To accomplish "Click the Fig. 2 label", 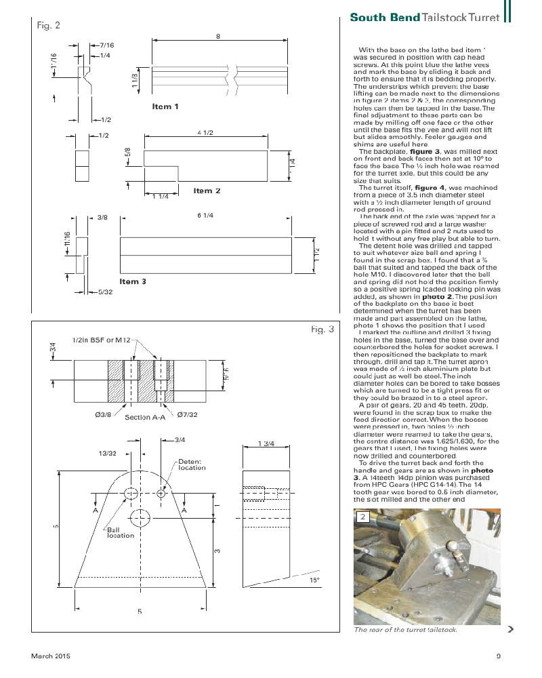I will point(47,26).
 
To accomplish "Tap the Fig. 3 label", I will point(322,330).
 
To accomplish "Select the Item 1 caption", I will point(165,106).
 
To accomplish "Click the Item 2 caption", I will point(207,191).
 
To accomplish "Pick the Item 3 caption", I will point(133,281).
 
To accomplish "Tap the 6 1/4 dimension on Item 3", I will point(205,216).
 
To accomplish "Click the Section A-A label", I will point(145,418).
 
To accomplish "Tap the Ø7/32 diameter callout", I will point(188,414).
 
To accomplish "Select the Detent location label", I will point(192,464).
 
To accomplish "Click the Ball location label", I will point(121,532).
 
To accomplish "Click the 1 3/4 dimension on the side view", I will point(266,443).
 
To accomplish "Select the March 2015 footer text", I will point(50,656).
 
